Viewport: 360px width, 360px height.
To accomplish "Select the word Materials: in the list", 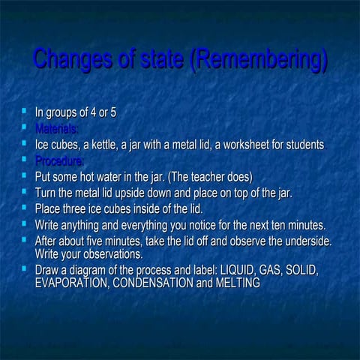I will pos(55,128).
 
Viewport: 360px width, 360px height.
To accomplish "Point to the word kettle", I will pos(102,144).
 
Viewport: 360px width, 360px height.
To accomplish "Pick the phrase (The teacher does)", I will pos(211,177).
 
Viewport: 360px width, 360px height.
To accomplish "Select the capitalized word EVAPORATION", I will pos(72,283).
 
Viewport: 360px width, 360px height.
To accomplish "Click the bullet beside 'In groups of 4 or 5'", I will pos(25,112).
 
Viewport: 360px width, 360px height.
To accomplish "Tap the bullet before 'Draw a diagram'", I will pos(25,268).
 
